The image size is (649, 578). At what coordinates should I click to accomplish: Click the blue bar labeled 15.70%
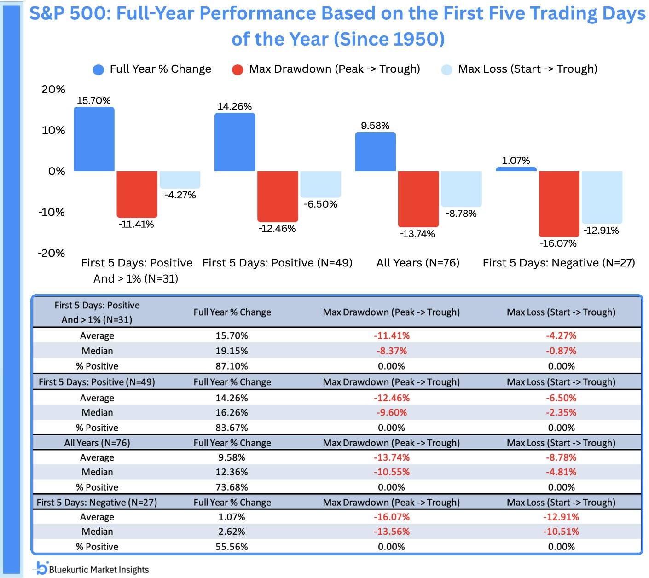point(94,139)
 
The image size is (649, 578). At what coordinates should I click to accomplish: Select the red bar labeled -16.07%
point(559,203)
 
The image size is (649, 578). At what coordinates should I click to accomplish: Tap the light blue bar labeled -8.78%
point(461,189)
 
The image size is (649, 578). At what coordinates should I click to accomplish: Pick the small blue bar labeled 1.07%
point(516,169)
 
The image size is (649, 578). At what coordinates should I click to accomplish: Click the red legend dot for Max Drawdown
point(238,70)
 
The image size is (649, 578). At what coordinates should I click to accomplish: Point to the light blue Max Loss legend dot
point(446,70)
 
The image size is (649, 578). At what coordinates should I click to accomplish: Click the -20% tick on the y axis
point(52,253)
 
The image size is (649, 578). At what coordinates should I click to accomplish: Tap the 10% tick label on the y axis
point(53,130)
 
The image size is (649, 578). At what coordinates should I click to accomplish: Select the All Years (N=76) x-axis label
point(417,263)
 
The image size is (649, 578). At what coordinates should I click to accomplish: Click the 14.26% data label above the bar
point(234,106)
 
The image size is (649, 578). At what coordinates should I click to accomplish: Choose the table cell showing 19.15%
point(232,351)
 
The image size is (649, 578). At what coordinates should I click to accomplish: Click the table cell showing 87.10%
point(232,366)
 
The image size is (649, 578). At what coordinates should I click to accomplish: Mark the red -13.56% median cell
point(391,532)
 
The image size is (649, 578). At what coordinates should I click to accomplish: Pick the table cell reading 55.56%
point(232,547)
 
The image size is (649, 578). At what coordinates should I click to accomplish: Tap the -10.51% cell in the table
point(561,532)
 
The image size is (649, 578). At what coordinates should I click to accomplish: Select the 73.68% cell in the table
point(232,487)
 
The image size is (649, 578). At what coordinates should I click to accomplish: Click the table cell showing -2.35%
point(561,412)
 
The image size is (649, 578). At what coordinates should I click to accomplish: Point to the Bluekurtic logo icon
point(42,568)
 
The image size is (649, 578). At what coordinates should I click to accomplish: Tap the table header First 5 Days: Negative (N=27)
point(97,502)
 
